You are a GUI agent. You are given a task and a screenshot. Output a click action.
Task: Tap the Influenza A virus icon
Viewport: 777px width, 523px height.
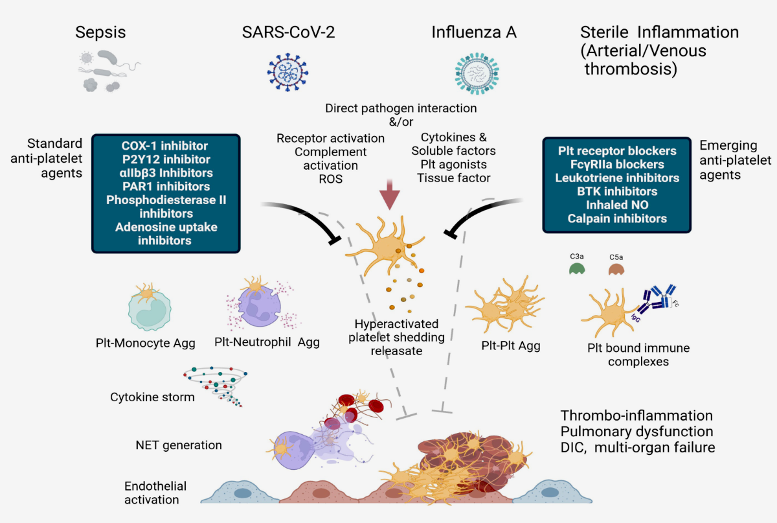(477, 71)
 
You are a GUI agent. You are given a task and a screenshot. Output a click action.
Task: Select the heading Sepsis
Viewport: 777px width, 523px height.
(100, 32)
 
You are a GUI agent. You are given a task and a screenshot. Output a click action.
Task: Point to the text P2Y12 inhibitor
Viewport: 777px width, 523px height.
(166, 159)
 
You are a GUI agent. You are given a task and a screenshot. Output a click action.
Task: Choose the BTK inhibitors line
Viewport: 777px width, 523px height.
(617, 191)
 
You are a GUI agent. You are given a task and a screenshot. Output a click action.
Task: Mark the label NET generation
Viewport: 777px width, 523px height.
(179, 445)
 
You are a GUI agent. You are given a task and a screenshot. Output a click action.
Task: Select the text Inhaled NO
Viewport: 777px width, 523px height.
(617, 205)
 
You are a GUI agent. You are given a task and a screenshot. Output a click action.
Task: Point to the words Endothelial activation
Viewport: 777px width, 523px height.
(155, 493)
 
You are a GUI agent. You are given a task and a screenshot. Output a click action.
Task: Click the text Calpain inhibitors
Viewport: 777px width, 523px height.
(617, 218)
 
